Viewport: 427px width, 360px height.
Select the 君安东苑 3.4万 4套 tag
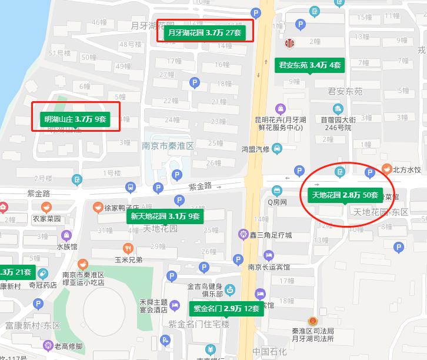[310, 65]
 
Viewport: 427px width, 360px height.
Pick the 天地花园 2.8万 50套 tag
[344, 195]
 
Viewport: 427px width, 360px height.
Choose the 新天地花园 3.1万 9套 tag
[165, 216]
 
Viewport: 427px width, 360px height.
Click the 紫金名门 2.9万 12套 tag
[226, 308]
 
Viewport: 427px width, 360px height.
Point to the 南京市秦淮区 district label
[168, 145]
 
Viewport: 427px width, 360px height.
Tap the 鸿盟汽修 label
[255, 149]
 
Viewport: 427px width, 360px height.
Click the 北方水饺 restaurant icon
[386, 169]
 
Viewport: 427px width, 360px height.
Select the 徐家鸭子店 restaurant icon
[97, 207]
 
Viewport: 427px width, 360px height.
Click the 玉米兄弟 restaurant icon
[128, 248]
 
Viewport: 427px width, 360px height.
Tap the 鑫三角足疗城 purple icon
[243, 235]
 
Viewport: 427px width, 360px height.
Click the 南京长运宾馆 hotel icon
[269, 256]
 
